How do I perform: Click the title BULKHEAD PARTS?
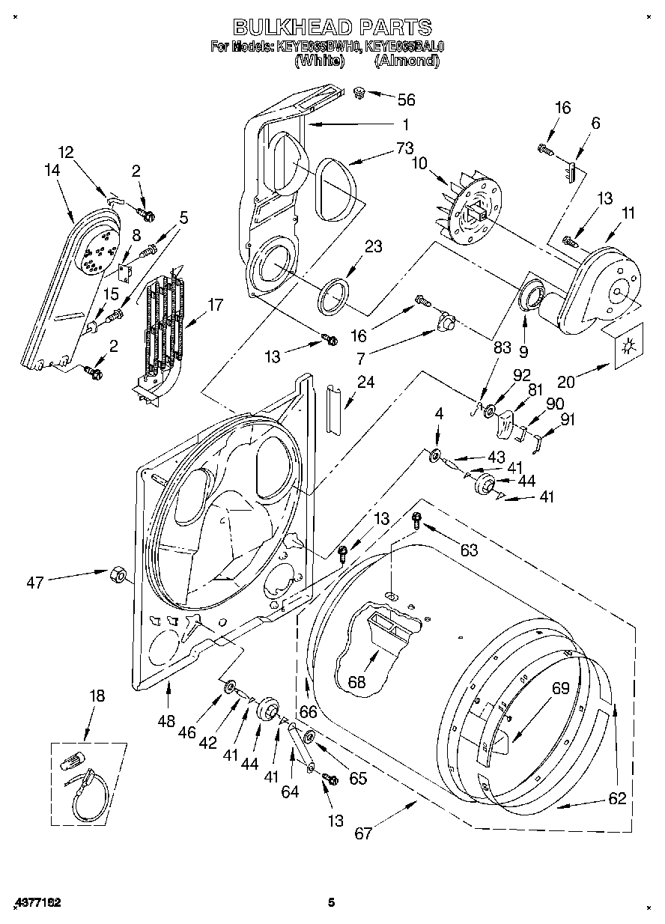click(x=332, y=27)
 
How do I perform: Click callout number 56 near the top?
click(x=406, y=100)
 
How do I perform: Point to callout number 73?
click(x=405, y=148)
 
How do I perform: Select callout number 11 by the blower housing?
click(x=627, y=213)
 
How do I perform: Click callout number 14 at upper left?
click(x=52, y=170)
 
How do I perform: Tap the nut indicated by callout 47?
click(x=118, y=575)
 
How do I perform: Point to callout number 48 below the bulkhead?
click(x=167, y=721)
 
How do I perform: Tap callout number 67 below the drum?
click(x=363, y=833)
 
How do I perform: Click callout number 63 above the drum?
click(x=469, y=551)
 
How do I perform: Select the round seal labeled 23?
click(x=334, y=295)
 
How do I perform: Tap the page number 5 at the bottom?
click(x=331, y=903)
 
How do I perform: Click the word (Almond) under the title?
click(x=406, y=61)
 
